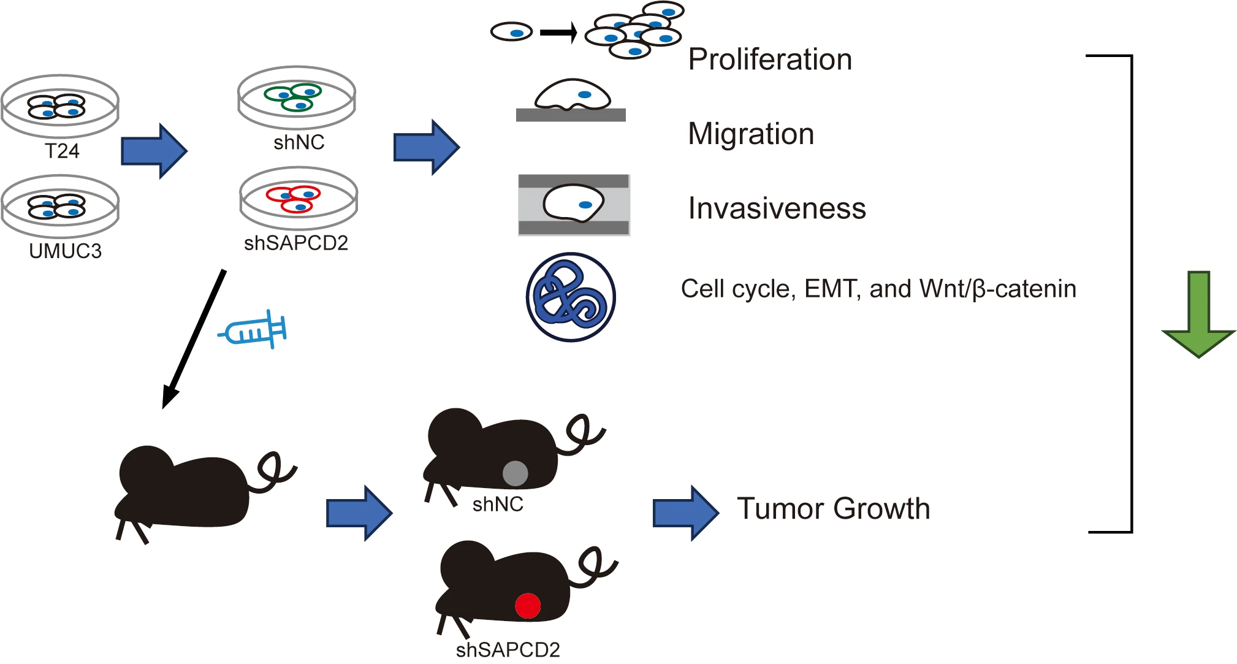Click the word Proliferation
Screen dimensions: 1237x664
pos(770,59)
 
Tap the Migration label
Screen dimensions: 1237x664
pos(751,134)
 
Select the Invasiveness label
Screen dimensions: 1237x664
pos(777,208)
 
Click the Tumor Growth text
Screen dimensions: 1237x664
pos(834,509)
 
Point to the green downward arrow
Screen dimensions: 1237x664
pos(1198,314)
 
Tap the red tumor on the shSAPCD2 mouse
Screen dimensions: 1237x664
pos(527,606)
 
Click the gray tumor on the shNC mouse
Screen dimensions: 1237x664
pos(515,473)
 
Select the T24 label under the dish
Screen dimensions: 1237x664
pos(62,151)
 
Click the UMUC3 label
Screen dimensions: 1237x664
pos(65,251)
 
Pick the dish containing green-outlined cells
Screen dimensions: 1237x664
pos(297,98)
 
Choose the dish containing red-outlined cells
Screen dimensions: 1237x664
pos(299,199)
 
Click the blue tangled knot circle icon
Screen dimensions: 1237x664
pos(571,297)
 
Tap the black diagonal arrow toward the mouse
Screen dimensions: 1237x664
pos(194,339)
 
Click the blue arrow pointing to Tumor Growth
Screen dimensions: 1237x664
pos(686,513)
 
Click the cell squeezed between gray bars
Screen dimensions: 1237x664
pos(574,203)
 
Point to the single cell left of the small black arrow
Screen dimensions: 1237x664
pos(511,32)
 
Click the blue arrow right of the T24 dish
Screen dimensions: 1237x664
pos(154,151)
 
